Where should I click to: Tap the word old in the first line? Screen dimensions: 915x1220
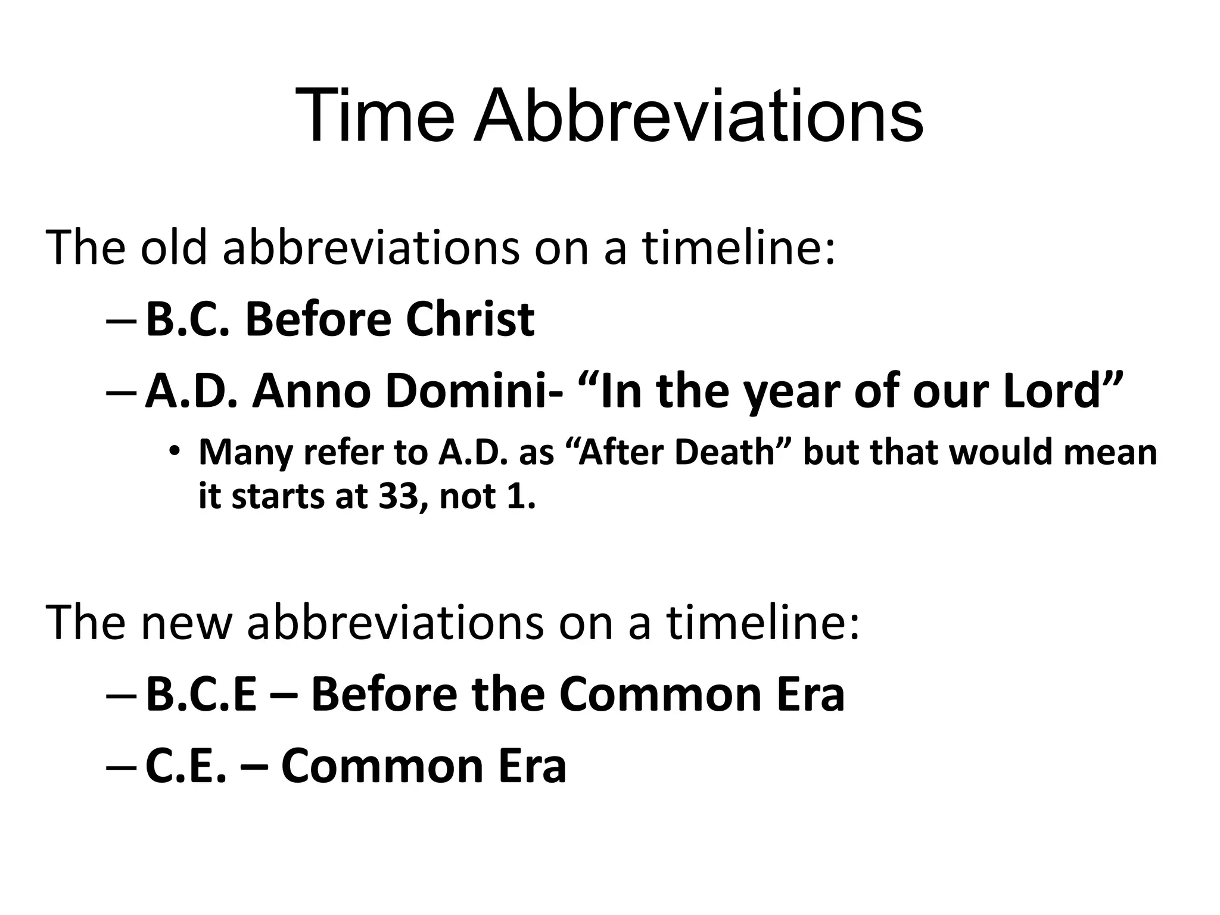point(173,247)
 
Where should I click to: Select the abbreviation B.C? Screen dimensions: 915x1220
point(187,320)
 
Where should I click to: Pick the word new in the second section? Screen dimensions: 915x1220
point(185,623)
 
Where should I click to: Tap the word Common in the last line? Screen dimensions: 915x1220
point(382,767)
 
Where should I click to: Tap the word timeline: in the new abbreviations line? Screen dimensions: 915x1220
point(762,623)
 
